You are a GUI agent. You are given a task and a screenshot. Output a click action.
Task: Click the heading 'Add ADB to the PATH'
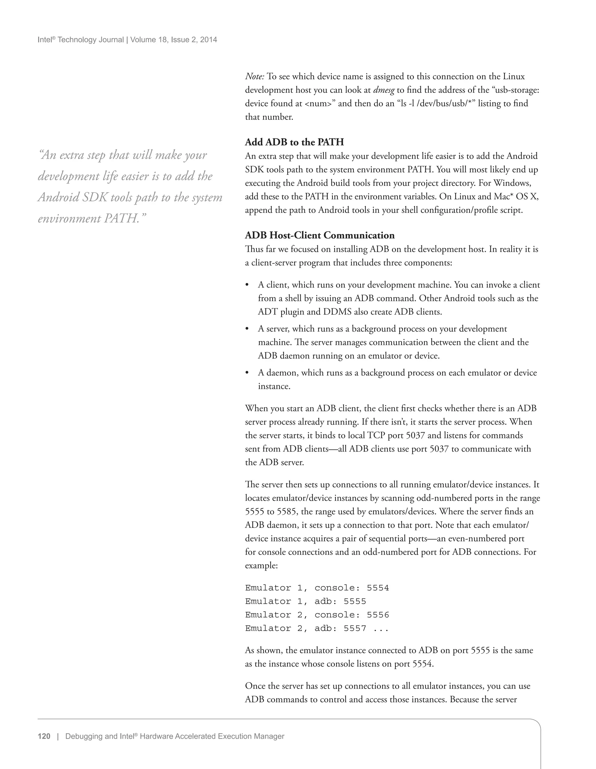click(294, 142)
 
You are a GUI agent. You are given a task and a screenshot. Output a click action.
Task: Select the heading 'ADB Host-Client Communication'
click(320, 235)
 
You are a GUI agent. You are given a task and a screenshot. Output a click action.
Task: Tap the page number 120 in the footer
click(44, 736)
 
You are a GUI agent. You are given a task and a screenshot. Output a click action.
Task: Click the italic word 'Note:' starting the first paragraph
click(254, 76)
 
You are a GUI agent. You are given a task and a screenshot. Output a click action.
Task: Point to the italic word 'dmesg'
click(384, 90)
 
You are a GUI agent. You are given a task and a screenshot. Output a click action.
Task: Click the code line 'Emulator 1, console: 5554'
click(317, 588)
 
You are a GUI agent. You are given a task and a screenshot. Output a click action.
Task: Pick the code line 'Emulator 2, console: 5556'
click(317, 615)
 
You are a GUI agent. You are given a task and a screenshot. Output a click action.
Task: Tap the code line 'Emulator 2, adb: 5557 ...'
click(317, 628)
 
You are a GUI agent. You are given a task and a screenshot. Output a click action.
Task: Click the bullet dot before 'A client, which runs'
click(247, 284)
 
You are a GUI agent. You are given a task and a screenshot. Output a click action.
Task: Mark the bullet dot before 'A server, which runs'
click(247, 329)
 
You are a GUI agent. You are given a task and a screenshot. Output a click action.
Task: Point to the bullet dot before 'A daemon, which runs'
click(247, 373)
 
